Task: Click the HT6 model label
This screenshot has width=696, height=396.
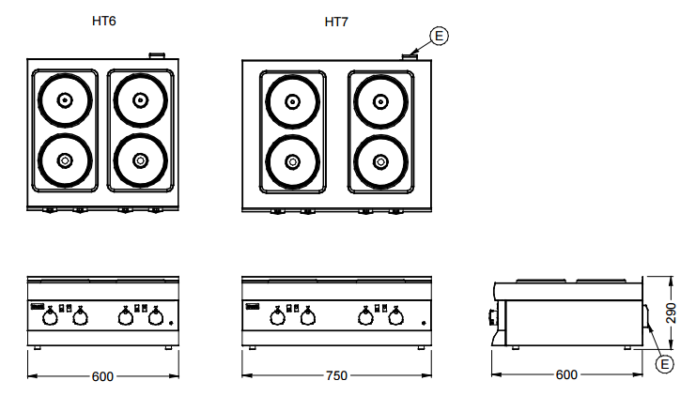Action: click(x=103, y=20)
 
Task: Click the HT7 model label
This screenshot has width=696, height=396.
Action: click(x=336, y=20)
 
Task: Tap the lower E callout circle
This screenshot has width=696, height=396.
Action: click(x=664, y=362)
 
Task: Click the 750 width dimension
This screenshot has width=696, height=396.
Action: click(x=336, y=375)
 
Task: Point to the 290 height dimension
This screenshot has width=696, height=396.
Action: click(x=671, y=312)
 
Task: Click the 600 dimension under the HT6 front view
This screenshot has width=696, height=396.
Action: click(x=102, y=375)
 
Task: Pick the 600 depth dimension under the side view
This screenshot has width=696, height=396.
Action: click(x=566, y=375)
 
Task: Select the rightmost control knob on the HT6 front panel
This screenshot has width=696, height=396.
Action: click(x=155, y=318)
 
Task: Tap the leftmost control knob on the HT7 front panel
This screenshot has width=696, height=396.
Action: click(x=277, y=318)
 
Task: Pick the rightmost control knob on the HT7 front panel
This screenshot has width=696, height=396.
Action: click(x=394, y=318)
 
